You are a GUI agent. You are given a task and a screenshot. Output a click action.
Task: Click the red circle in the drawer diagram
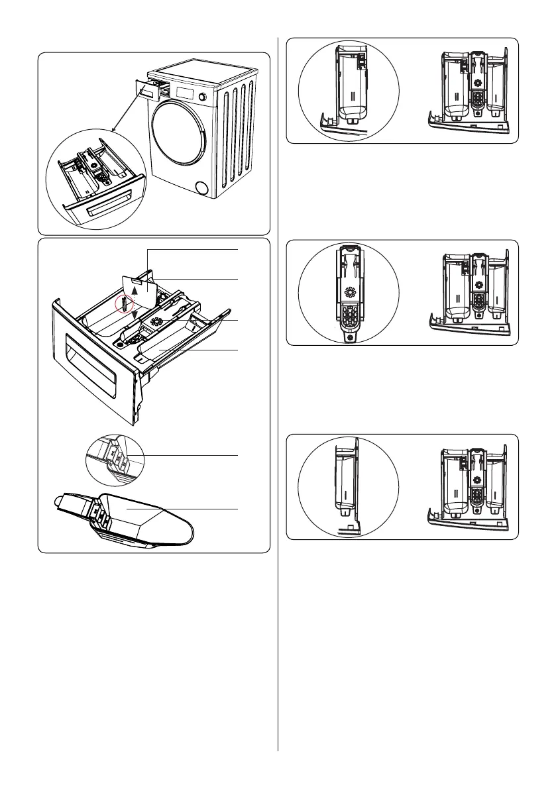coord(123,305)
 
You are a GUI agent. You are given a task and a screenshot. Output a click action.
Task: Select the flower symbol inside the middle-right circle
coord(349,293)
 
